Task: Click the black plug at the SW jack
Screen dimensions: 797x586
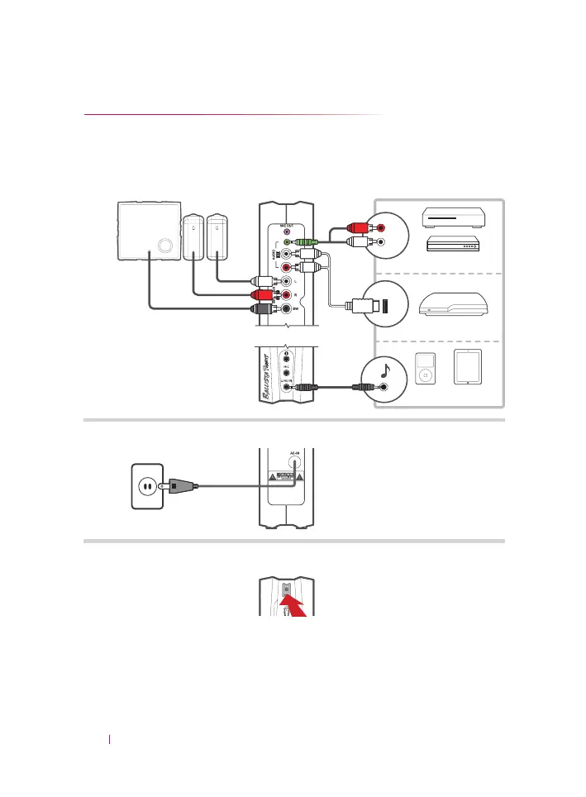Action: point(265,309)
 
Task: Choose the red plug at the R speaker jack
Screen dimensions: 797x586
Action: point(265,294)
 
